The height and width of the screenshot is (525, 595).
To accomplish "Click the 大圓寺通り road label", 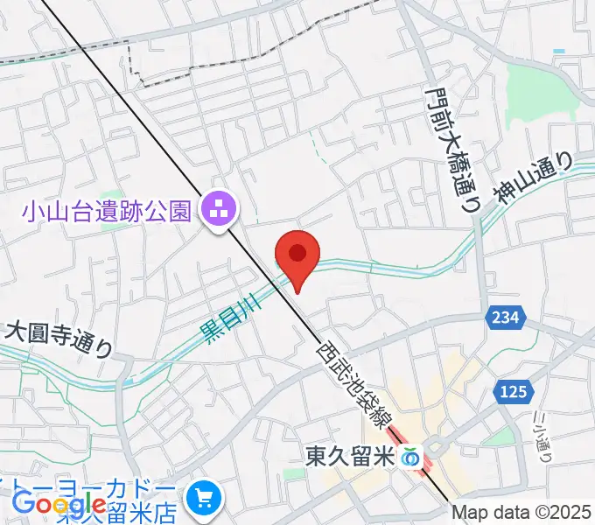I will pos(59,339).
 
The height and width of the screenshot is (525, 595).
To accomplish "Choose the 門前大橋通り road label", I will pos(454,149).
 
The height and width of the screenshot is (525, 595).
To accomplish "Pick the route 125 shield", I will pos(514,393).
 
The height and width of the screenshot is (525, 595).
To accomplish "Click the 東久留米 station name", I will pos(350,456).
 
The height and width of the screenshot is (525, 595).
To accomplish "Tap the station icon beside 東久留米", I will pos(409,456).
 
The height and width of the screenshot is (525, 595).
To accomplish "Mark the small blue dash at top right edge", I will pos(559,52).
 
